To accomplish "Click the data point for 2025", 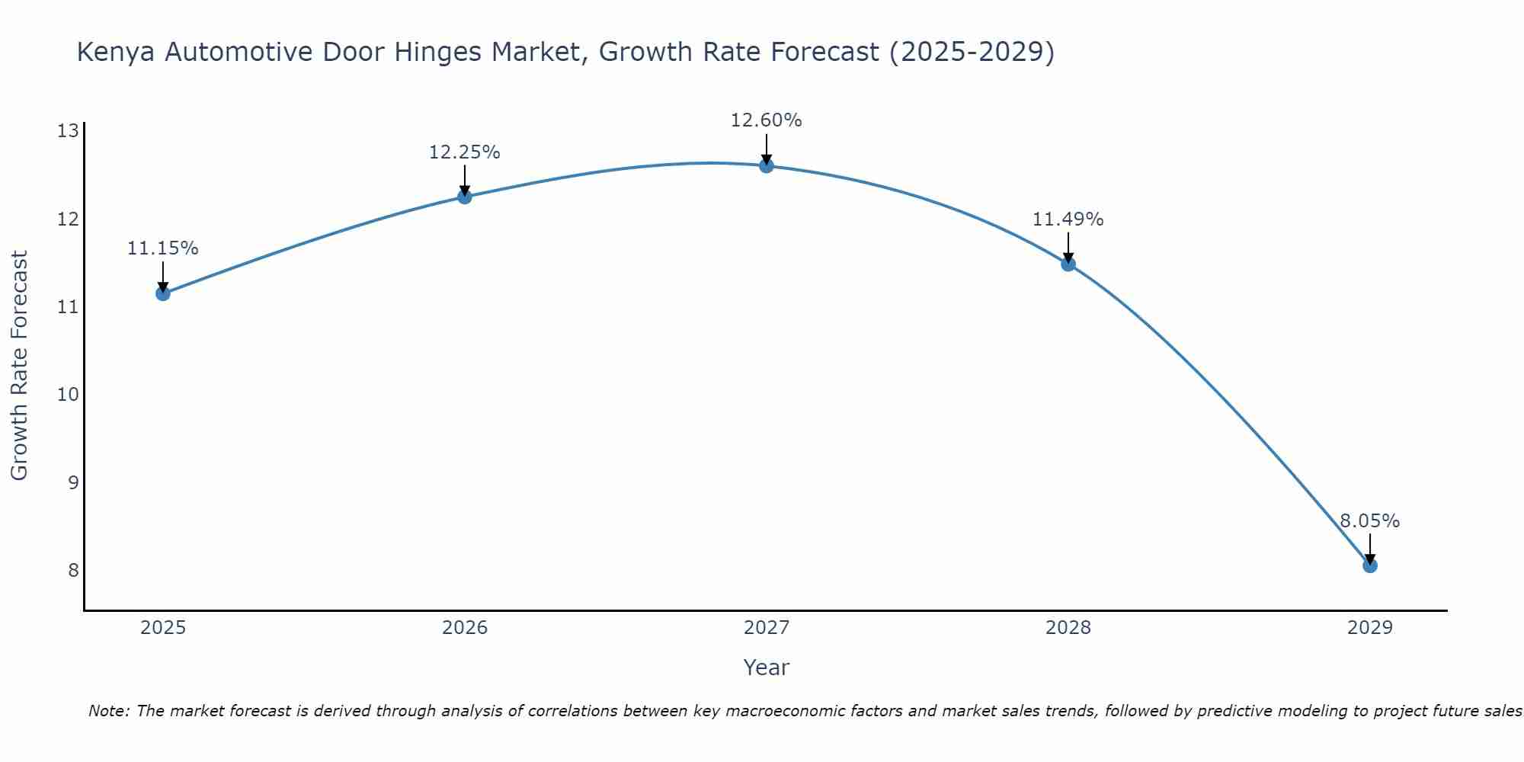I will (x=163, y=293).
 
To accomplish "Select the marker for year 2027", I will (x=767, y=166).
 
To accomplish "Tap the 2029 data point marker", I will (x=1370, y=565).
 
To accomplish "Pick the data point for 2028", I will (x=1068, y=264).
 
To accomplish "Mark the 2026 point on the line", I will (x=465, y=197).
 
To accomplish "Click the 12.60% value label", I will (x=767, y=120).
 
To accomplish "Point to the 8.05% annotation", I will (x=1370, y=521).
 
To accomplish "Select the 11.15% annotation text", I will (x=163, y=248).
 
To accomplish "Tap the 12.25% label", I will (x=465, y=152).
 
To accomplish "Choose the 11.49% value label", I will (x=1068, y=219).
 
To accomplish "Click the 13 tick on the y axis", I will (x=69, y=131).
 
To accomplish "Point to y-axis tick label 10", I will (x=69, y=395).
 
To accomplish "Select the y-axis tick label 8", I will (x=73, y=570).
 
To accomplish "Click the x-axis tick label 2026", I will (x=465, y=628).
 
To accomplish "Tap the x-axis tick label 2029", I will (x=1370, y=628).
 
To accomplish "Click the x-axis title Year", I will (x=767, y=668).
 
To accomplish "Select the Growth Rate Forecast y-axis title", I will (x=19, y=366).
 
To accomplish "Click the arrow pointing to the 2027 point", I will (x=767, y=149).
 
